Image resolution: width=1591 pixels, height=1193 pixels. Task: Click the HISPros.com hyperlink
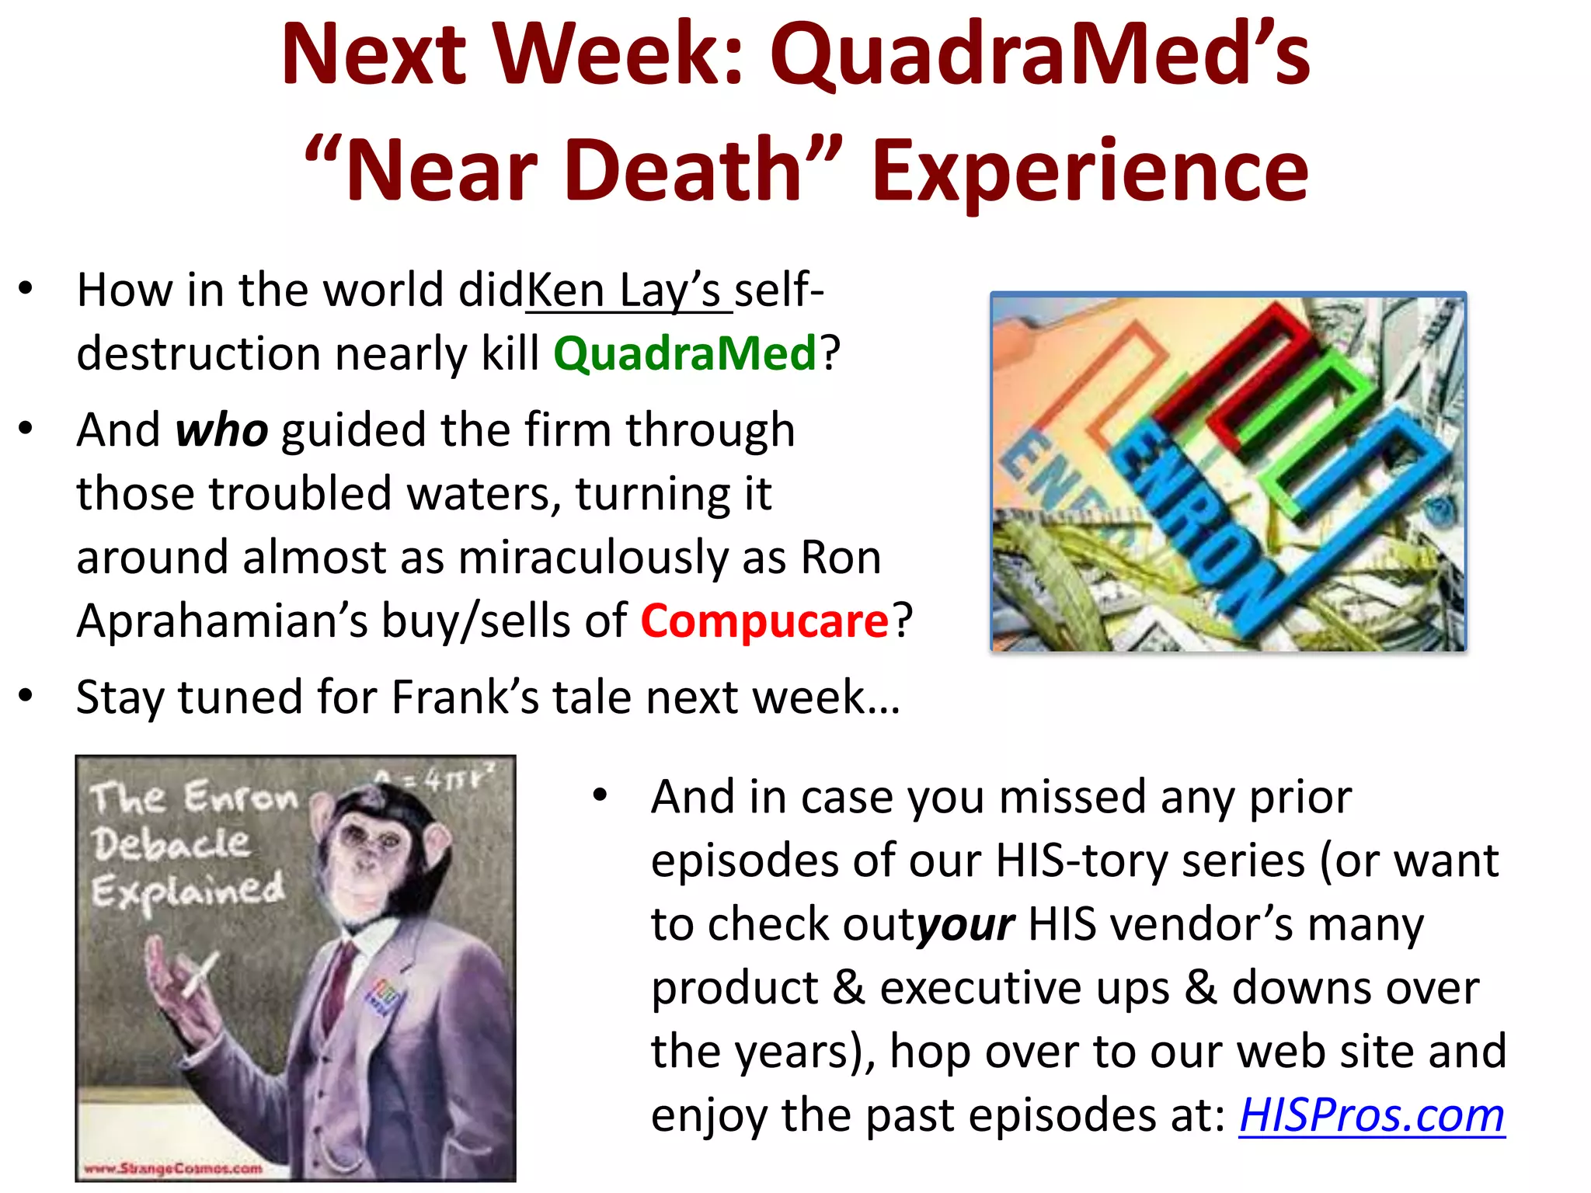click(x=1371, y=1115)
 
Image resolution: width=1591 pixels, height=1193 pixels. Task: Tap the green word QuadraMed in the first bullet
click(x=684, y=353)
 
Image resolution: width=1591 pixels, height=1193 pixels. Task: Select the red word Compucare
click(x=764, y=621)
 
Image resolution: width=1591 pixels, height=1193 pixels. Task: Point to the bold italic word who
click(x=222, y=430)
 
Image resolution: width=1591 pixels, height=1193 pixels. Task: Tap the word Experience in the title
click(x=1089, y=169)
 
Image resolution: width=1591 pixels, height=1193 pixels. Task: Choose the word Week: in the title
click(x=621, y=54)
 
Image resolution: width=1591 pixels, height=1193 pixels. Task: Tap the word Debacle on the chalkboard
click(x=171, y=843)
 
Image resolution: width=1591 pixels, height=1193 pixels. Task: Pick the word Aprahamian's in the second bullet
click(x=222, y=621)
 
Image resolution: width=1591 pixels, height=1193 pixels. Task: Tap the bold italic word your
click(x=965, y=924)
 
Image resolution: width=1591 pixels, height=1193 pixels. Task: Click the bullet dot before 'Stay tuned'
click(x=26, y=695)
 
